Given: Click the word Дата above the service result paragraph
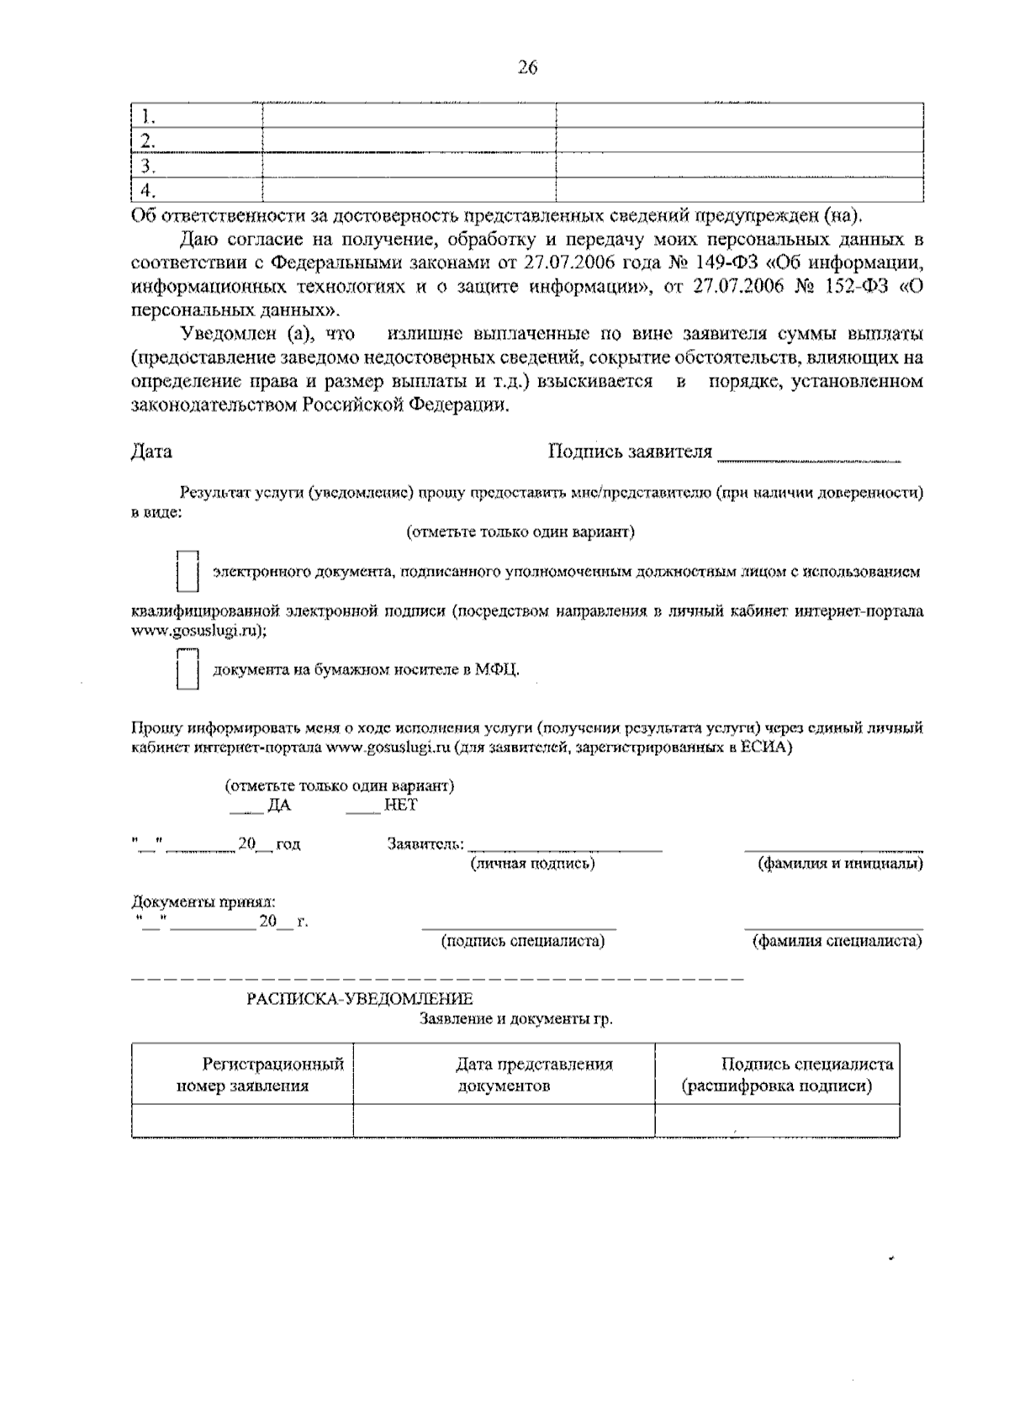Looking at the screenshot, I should [x=152, y=452].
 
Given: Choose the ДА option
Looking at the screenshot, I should [x=277, y=805].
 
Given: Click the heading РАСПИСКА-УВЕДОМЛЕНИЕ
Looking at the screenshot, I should [x=360, y=999].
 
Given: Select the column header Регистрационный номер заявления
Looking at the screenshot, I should [x=242, y=1075].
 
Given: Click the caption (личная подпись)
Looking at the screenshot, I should [x=533, y=864].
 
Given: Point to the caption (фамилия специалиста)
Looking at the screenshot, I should [x=837, y=941].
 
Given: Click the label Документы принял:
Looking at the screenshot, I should [x=203, y=901].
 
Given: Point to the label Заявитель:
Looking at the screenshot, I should [x=425, y=843].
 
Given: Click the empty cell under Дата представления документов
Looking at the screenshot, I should [x=504, y=1120].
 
